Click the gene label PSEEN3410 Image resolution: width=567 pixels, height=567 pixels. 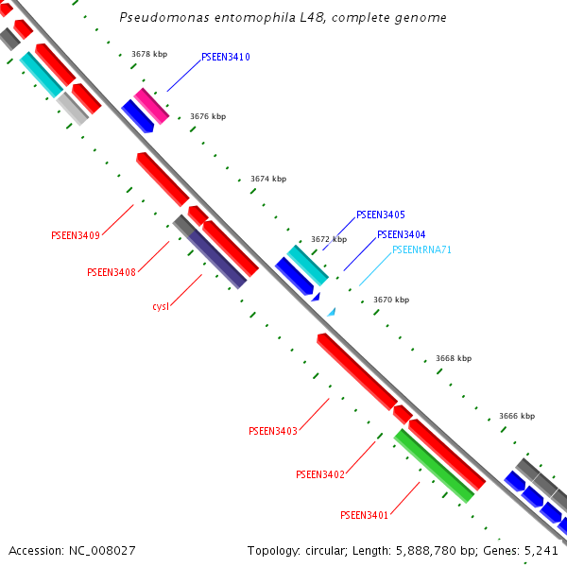226,58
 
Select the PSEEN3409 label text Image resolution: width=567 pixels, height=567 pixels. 76,235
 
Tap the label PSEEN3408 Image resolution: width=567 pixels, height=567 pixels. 112,272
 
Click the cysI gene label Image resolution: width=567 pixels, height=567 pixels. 161,306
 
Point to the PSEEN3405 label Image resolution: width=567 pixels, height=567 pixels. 381,215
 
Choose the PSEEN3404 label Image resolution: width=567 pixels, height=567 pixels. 401,234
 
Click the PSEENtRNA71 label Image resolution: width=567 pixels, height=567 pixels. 421,250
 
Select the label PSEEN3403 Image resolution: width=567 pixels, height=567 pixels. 273,431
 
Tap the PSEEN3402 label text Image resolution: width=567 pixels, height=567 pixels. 320,474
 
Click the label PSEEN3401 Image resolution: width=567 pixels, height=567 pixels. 365,515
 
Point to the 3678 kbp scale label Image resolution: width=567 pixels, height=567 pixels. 149,55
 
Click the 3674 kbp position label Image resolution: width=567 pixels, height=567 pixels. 268,179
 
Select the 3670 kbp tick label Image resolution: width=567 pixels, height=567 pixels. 391,300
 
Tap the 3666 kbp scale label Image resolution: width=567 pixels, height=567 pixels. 517,416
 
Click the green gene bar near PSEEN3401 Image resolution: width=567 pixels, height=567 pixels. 434,465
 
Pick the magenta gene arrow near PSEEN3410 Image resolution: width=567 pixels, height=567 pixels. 151,105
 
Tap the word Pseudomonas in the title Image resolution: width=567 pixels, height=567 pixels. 162,18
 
